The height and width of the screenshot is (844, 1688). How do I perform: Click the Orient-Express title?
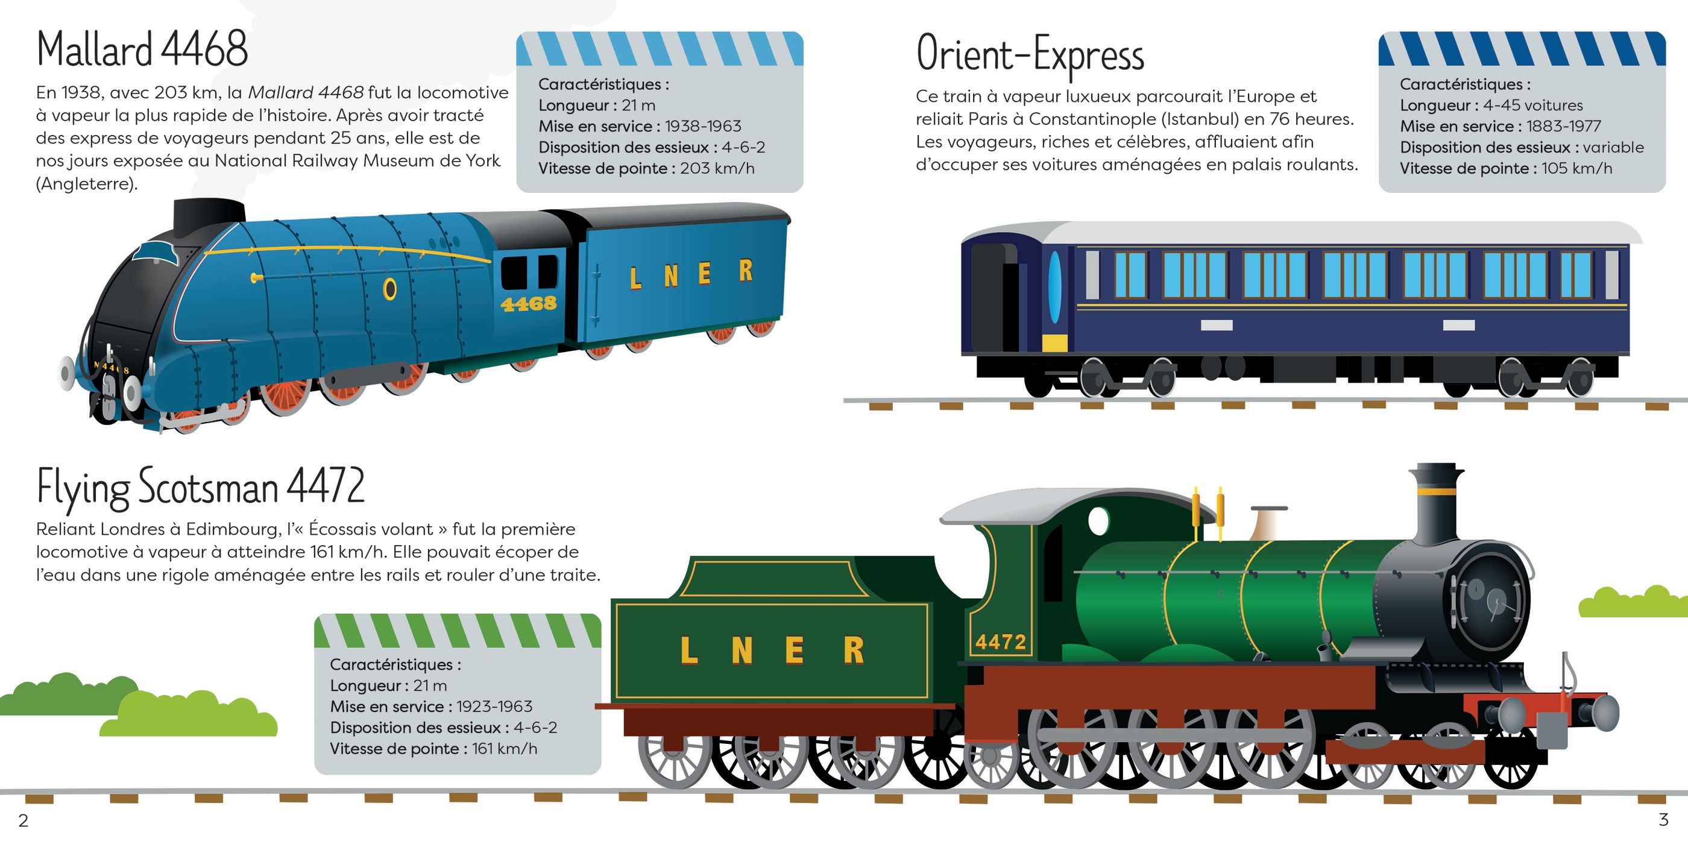[1030, 54]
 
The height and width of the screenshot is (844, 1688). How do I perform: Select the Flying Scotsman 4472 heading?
[201, 487]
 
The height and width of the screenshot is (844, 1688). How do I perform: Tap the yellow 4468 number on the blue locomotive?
[528, 303]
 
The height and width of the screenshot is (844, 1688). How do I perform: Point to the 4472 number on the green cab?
[1000, 641]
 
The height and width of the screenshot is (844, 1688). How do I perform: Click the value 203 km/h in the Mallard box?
[717, 168]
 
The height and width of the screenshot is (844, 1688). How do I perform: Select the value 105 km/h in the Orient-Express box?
[1576, 168]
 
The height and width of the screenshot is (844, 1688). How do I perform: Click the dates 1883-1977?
[1563, 126]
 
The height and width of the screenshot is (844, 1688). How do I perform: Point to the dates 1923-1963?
[494, 707]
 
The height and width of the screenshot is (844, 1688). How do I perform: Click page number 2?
[24, 820]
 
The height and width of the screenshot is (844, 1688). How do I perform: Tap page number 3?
[1663, 819]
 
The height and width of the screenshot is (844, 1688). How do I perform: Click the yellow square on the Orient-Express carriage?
[1054, 342]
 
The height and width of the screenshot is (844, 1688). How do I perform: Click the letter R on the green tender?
[853, 650]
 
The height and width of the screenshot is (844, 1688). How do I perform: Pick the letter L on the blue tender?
[635, 279]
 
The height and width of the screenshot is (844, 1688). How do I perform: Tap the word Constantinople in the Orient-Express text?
[1132, 119]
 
